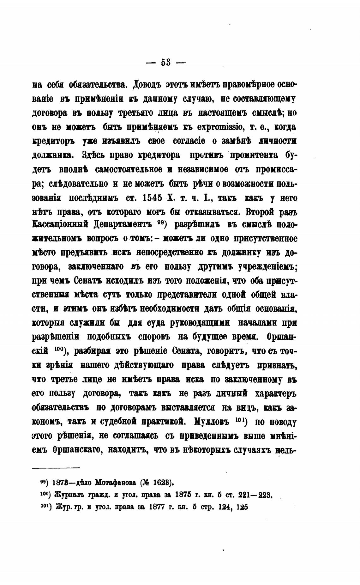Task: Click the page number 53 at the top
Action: (166, 62)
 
